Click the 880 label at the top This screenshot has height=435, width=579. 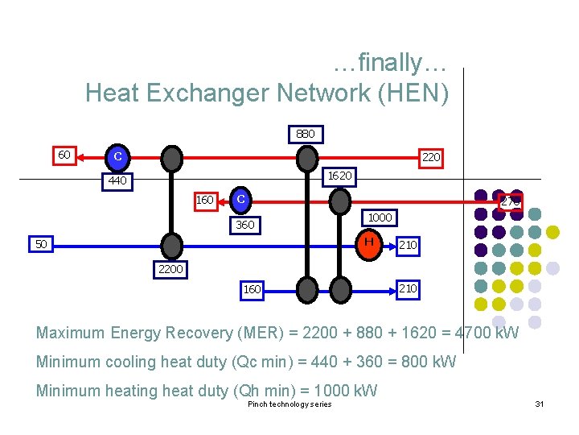306,134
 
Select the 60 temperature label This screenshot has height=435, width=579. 64,155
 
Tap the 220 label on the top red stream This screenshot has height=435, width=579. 431,157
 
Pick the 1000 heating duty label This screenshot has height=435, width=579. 380,217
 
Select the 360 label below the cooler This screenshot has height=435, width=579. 245,225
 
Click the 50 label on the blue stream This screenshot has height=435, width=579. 41,243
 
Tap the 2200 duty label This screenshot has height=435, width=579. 170,269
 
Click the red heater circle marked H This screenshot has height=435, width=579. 368,242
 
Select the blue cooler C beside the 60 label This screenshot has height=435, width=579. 117,156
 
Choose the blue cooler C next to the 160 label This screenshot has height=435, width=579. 240,199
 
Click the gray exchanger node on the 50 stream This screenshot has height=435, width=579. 171,244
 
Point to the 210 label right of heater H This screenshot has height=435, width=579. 408,244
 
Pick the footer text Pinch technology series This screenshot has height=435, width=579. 289,404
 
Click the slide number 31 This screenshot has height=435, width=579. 540,404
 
